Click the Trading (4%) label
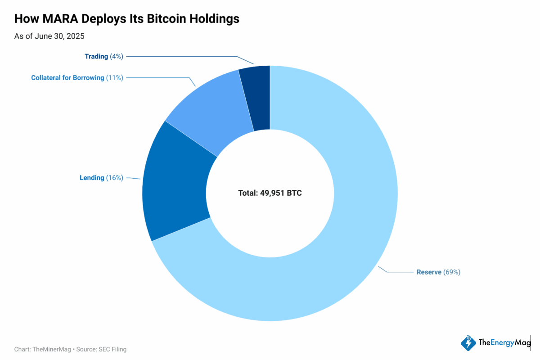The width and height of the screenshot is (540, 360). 103,56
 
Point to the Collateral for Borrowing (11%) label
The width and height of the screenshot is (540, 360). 77,78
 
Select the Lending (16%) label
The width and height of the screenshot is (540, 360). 101,178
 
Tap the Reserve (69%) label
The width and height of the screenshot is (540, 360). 438,272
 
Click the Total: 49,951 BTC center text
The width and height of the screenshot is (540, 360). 270,193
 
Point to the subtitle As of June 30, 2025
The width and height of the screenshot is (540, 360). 49,36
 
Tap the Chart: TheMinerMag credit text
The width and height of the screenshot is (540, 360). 42,349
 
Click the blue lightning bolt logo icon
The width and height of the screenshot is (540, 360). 468,343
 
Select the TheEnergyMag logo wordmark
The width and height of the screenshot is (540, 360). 504,343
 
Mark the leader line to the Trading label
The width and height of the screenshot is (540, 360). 180,56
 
